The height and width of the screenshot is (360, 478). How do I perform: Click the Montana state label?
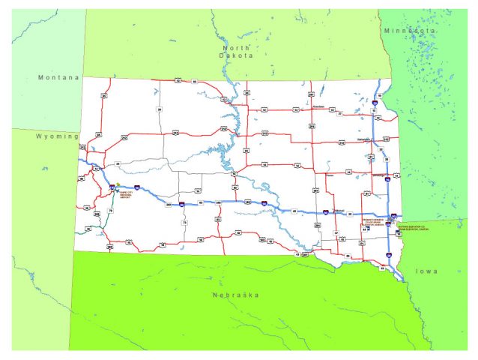click(x=58, y=77)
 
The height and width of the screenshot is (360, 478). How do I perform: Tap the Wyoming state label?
click(x=56, y=136)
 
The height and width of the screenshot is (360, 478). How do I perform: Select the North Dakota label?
click(x=236, y=51)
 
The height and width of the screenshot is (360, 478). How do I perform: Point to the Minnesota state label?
click(x=409, y=31)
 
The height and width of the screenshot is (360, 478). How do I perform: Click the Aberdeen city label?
click(x=318, y=106)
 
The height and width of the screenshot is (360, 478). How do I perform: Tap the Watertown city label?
click(x=365, y=139)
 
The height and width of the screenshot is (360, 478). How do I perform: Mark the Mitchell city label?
click(x=338, y=209)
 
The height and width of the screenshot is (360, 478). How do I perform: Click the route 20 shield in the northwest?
click(x=159, y=109)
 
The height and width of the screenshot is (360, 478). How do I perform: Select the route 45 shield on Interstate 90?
click(x=294, y=211)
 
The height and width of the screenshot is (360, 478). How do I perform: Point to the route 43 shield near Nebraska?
click(x=298, y=255)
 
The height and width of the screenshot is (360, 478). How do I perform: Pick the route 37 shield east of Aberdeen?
click(x=339, y=113)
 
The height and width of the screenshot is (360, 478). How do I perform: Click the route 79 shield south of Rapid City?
click(x=110, y=211)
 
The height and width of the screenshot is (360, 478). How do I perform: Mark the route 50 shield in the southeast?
click(x=347, y=256)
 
